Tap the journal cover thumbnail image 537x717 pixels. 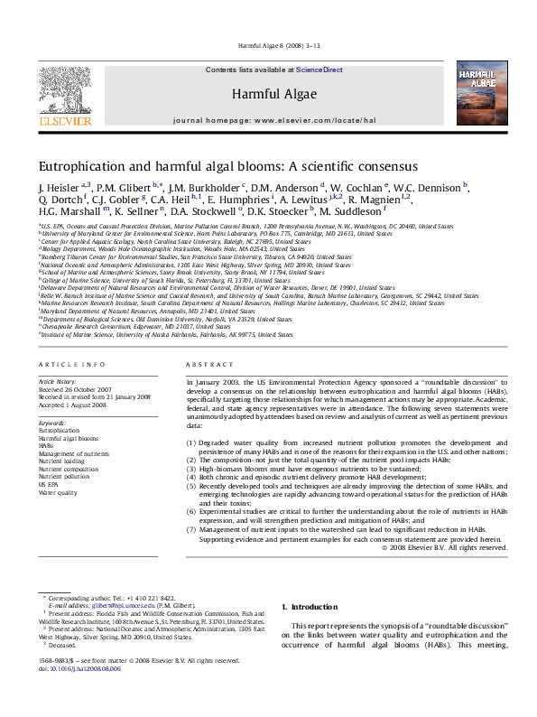(481, 93)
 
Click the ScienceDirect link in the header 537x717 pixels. (319, 70)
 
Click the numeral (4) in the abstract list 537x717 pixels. (190, 476)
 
